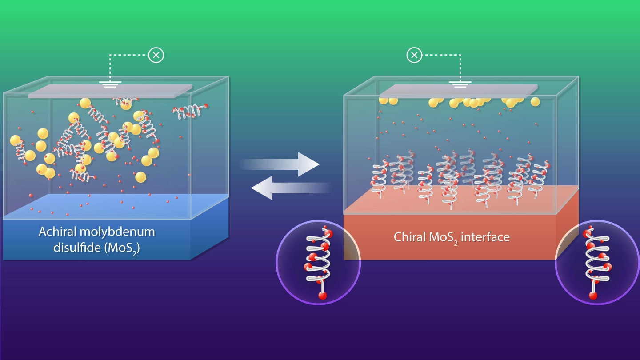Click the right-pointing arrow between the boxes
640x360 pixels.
pyautogui.click(x=289, y=164)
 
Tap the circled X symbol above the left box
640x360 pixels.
pyautogui.click(x=156, y=55)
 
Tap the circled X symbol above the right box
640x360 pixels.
pyautogui.click(x=414, y=55)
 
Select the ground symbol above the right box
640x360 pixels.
pyautogui.click(x=460, y=84)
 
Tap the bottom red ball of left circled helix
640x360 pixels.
pyautogui.click(x=323, y=295)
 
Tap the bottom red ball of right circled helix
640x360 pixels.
pyautogui.click(x=593, y=295)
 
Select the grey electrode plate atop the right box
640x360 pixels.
pyautogui.click(x=458, y=91)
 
